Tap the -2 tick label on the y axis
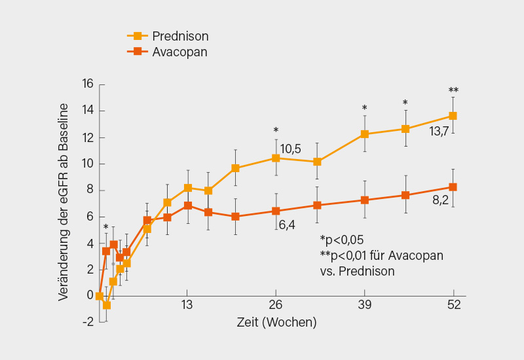point(87,322)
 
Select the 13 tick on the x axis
point(187,305)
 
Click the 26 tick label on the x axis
point(276,305)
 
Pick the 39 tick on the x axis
point(365,305)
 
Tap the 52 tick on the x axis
point(453,305)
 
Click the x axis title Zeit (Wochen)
point(276,323)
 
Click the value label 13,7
point(440,132)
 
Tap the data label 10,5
point(290,149)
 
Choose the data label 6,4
point(288,225)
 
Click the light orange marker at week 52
point(453,116)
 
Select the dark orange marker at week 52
point(453,187)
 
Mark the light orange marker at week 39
point(365,134)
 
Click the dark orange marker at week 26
point(276,211)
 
